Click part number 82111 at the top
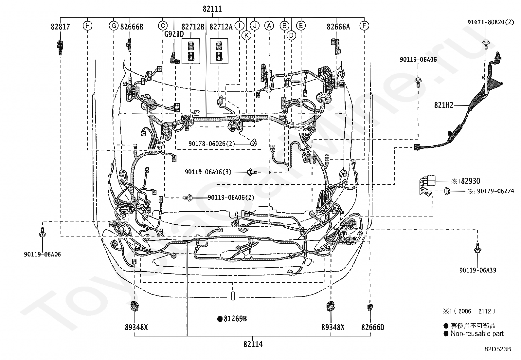pos(212,9)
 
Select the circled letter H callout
pos(87,26)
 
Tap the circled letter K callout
pos(246,35)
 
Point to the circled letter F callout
pos(364,26)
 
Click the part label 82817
pos(60,27)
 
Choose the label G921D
pos(174,34)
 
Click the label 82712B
pos(193,27)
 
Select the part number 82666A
pos(338,27)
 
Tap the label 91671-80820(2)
pos(491,22)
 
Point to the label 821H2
pos(444,105)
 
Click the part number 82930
pos(471,181)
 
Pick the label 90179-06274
pos(495,191)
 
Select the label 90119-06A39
pos(478,270)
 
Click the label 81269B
pos(235,319)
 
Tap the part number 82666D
pos(373,327)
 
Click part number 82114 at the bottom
pos(253,344)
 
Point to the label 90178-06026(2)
pos(212,144)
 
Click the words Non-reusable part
pos(477,333)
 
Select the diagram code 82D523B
pos(498,349)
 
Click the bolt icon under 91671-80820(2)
pos(486,44)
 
